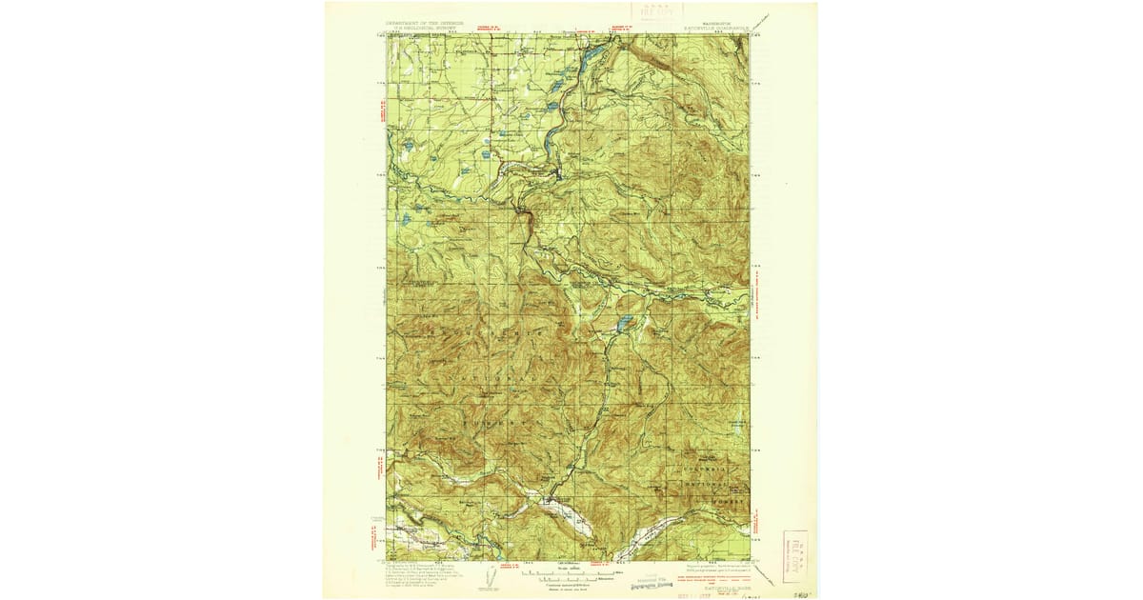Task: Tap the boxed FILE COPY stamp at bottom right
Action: coord(794,556)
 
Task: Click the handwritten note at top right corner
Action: coord(762,21)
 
